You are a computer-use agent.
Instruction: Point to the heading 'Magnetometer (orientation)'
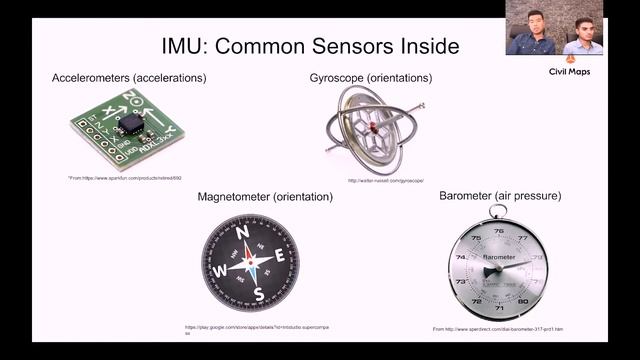(x=265, y=197)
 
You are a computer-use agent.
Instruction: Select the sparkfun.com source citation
(x=125, y=177)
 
